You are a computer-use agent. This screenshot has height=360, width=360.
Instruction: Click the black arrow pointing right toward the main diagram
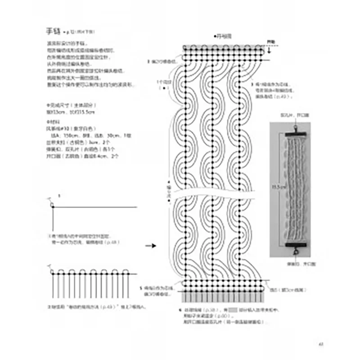click(x=150, y=246)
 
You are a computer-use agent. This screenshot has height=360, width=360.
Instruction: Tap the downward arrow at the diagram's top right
click(x=269, y=50)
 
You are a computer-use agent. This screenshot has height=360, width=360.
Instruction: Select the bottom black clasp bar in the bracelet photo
click(x=295, y=244)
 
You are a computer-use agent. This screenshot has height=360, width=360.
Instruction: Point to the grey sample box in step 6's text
click(x=232, y=310)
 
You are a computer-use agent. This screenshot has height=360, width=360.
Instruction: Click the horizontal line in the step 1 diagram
click(x=94, y=207)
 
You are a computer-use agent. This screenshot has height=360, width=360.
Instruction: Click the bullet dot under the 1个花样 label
click(x=165, y=88)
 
